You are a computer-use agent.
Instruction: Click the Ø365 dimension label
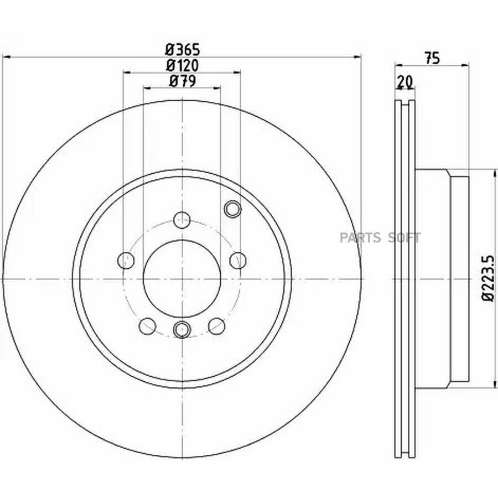(x=182, y=50)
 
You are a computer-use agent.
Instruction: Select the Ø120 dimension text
(x=182, y=65)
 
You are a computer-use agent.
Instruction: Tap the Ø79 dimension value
(x=182, y=81)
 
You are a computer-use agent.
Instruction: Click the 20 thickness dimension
(x=405, y=82)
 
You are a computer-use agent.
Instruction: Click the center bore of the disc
(x=182, y=278)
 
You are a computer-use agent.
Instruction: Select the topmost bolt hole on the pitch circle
(x=182, y=220)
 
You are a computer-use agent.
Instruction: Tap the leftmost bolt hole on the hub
(x=126, y=261)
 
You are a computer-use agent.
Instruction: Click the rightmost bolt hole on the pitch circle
(x=238, y=261)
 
